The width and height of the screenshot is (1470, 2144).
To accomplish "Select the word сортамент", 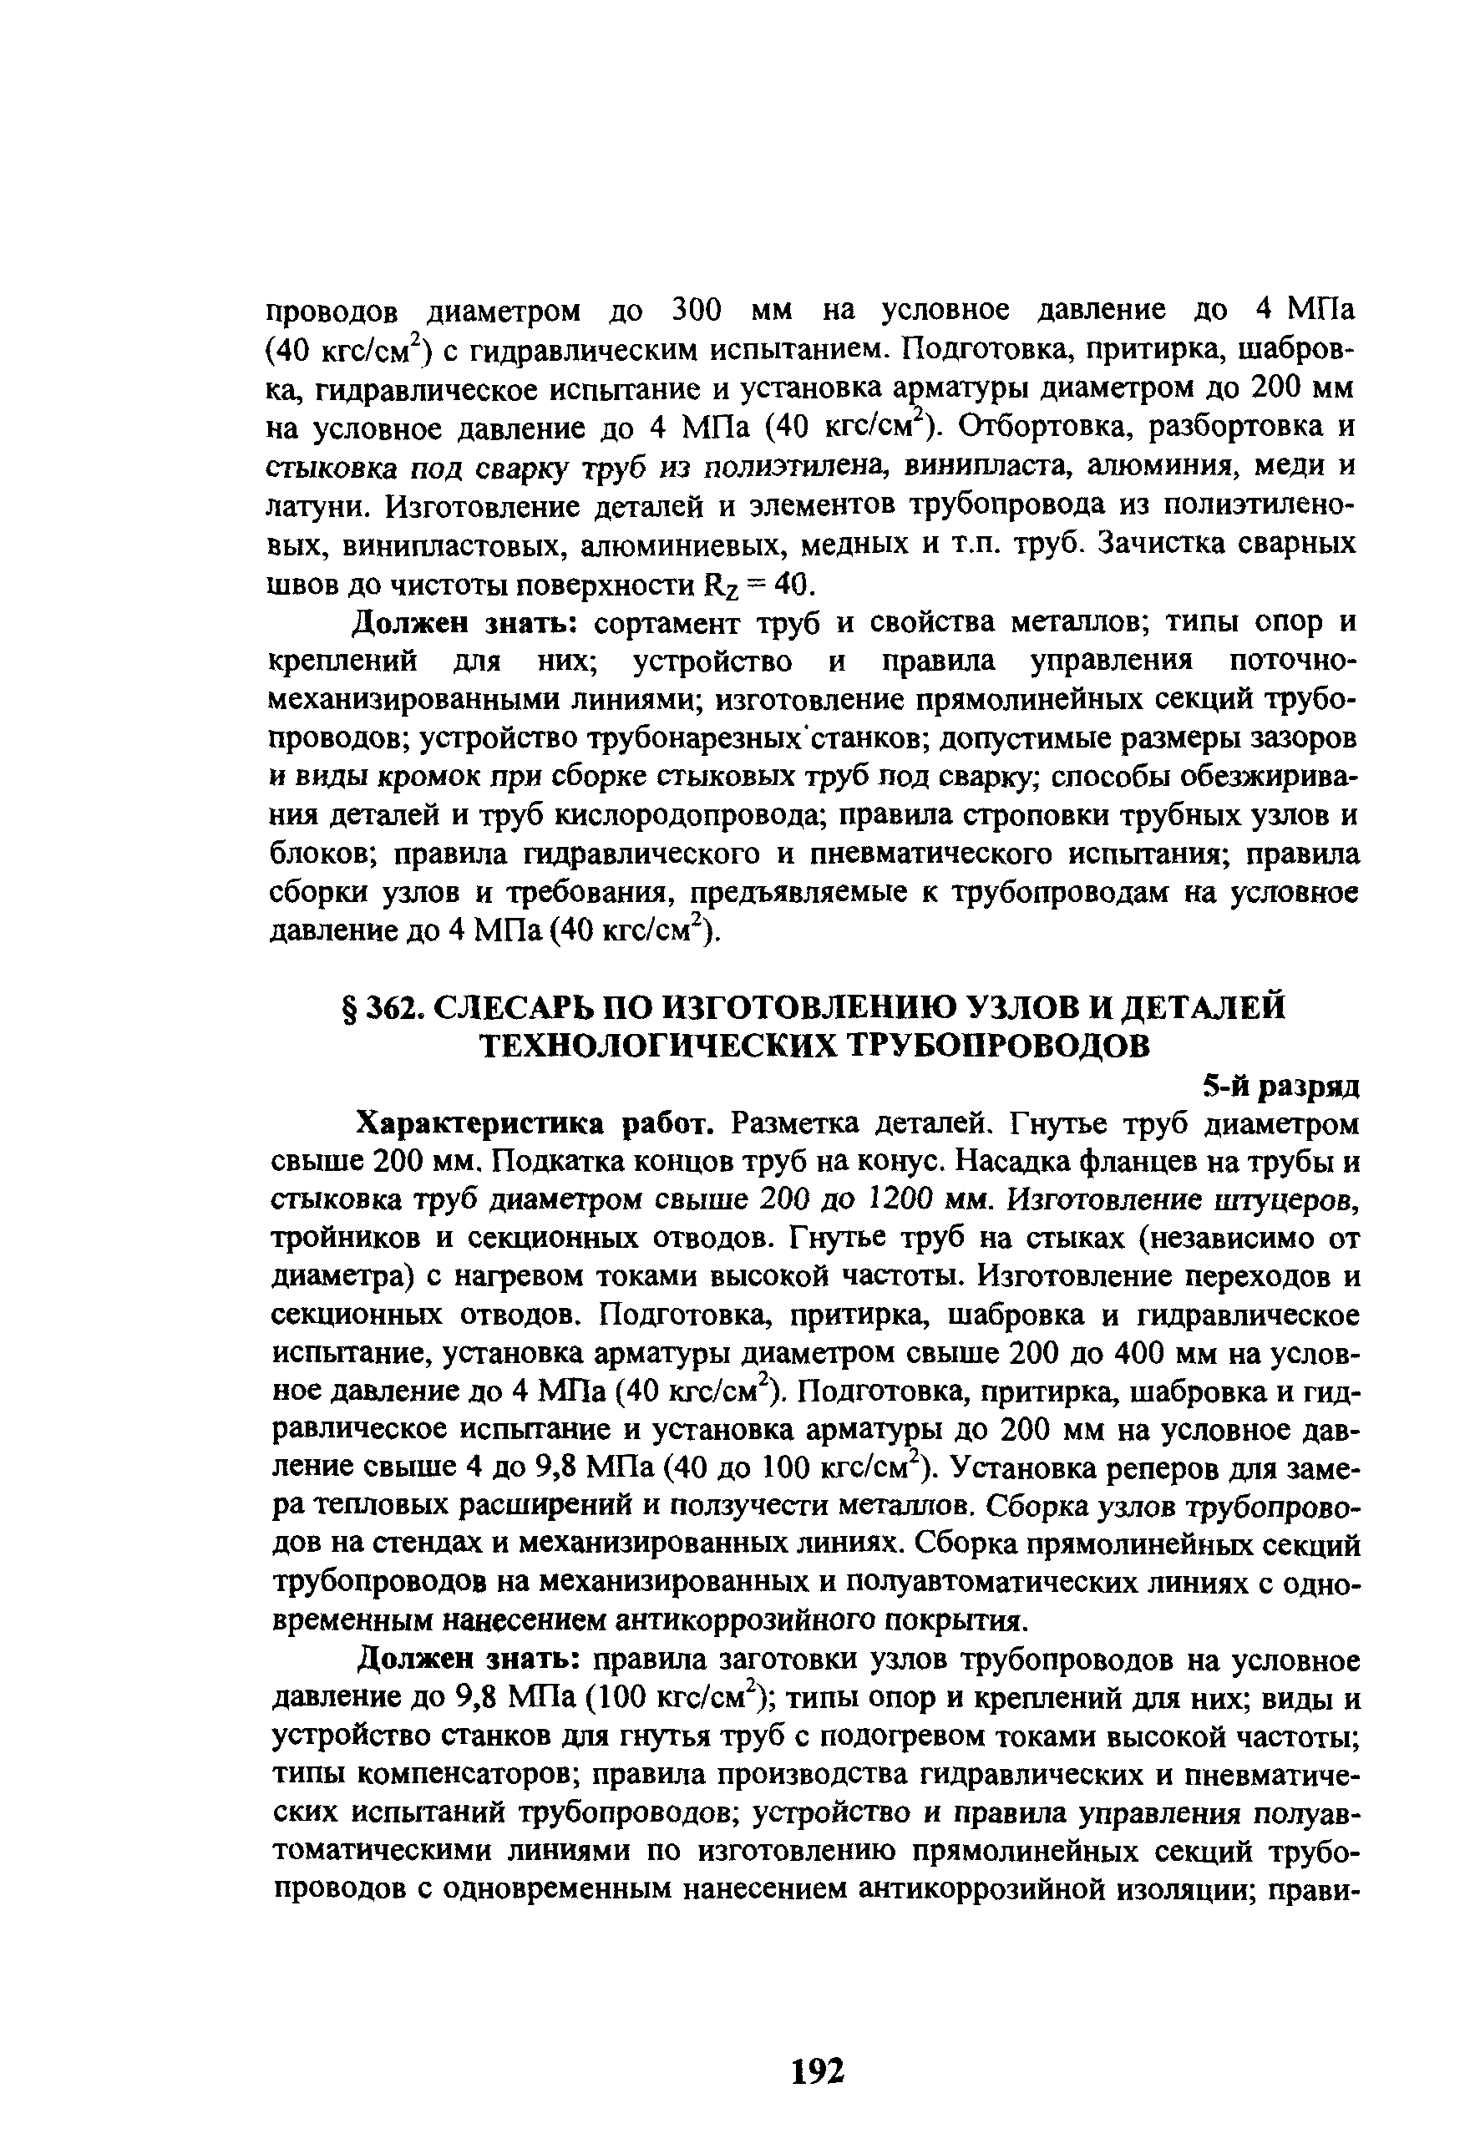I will click(668, 624).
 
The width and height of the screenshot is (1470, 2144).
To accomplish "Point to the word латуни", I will click(317, 506).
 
